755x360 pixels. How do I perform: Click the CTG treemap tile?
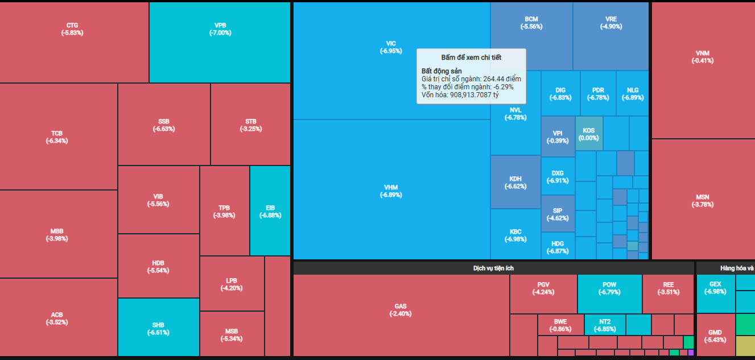[72, 29]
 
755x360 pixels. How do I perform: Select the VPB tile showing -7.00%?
[220, 29]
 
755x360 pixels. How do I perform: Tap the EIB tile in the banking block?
[270, 211]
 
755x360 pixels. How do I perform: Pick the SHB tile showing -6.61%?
[158, 328]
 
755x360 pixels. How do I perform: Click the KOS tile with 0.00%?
[589, 134]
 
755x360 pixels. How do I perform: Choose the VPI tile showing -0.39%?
[558, 137]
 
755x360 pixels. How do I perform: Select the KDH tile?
[515, 182]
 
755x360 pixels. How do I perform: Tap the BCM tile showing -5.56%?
[531, 23]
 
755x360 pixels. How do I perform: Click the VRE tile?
[611, 23]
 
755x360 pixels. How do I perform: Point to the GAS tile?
[401, 310]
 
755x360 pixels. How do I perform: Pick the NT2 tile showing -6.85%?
[605, 325]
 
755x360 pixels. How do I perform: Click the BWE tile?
[560, 325]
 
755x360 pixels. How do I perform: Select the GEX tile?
[715, 288]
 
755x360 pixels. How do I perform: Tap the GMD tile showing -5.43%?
[715, 336]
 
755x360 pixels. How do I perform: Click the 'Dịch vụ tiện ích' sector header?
[493, 268]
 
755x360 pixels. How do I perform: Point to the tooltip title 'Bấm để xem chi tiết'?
[471, 57]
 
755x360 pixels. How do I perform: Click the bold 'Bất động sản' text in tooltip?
[442, 71]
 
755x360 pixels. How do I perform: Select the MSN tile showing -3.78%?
[703, 201]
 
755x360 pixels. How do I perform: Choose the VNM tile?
[703, 57]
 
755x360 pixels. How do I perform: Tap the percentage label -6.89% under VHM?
[391, 195]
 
